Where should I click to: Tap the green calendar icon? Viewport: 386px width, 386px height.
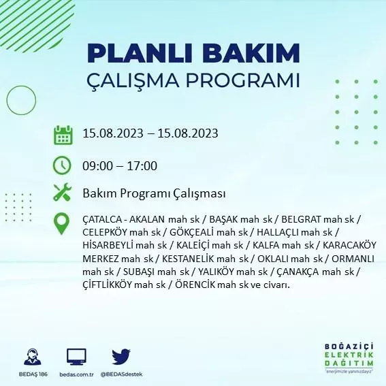(x=63, y=134)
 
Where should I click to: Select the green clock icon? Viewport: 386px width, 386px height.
(x=63, y=165)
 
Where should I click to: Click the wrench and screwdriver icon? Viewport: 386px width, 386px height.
(x=63, y=193)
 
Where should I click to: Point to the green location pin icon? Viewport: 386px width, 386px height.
(x=63, y=223)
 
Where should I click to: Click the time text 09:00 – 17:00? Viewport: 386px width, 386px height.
(x=120, y=165)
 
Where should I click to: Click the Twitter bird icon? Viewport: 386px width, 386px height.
(x=120, y=356)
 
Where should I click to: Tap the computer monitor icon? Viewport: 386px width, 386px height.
(x=76, y=357)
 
